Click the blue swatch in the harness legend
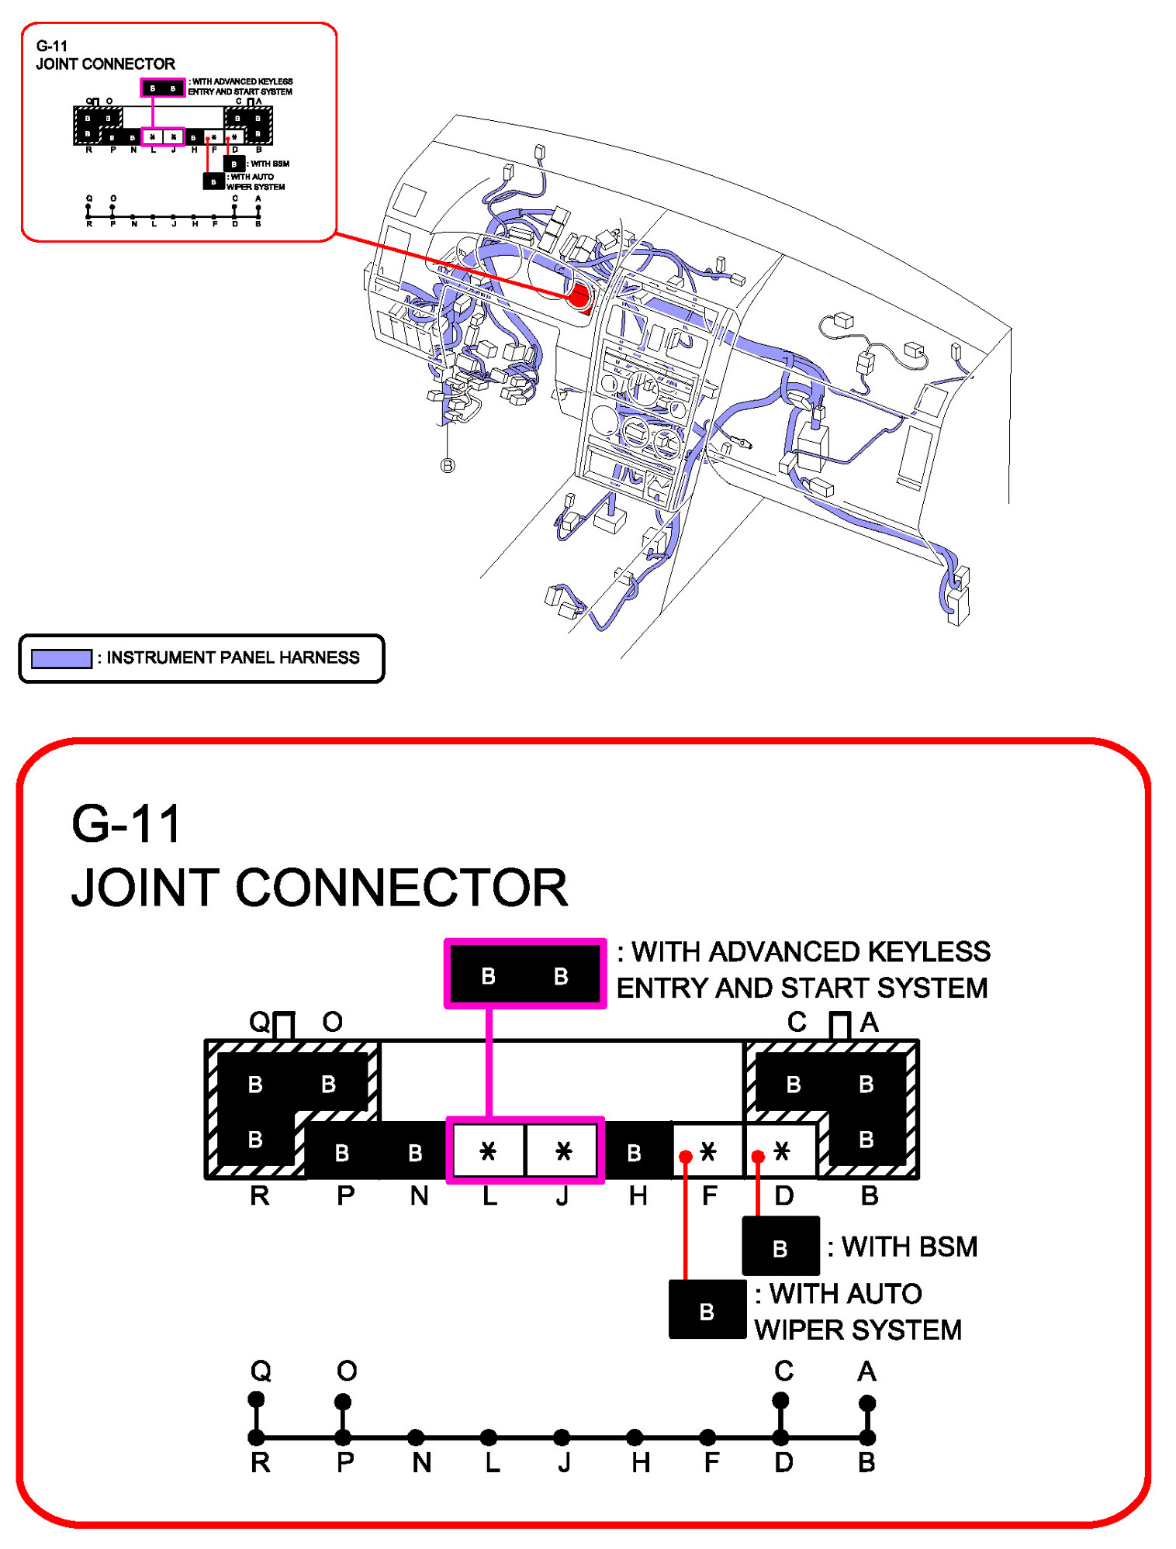pyautogui.click(x=61, y=658)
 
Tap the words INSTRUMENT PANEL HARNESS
pyautogui.click(x=233, y=657)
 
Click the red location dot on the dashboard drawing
pyautogui.click(x=579, y=295)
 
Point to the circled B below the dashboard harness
pyautogui.click(x=448, y=465)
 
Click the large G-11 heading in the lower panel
pyautogui.click(x=126, y=823)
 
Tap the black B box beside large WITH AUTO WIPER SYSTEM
pyautogui.click(x=707, y=1310)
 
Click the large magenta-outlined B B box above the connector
pyautogui.click(x=524, y=975)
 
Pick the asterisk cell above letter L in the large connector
pyautogui.click(x=488, y=1151)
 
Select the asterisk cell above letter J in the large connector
pyautogui.click(x=563, y=1151)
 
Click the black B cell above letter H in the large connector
pyautogui.click(x=635, y=1153)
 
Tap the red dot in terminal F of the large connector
pyautogui.click(x=685, y=1157)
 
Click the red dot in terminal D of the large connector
pyautogui.click(x=758, y=1157)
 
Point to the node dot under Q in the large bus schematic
pyautogui.click(x=256, y=1399)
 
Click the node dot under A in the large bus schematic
pyautogui.click(x=867, y=1402)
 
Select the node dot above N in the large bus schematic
pyautogui.click(x=416, y=1437)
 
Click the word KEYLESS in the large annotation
pyautogui.click(x=929, y=951)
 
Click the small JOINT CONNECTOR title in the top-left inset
pyautogui.click(x=105, y=64)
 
